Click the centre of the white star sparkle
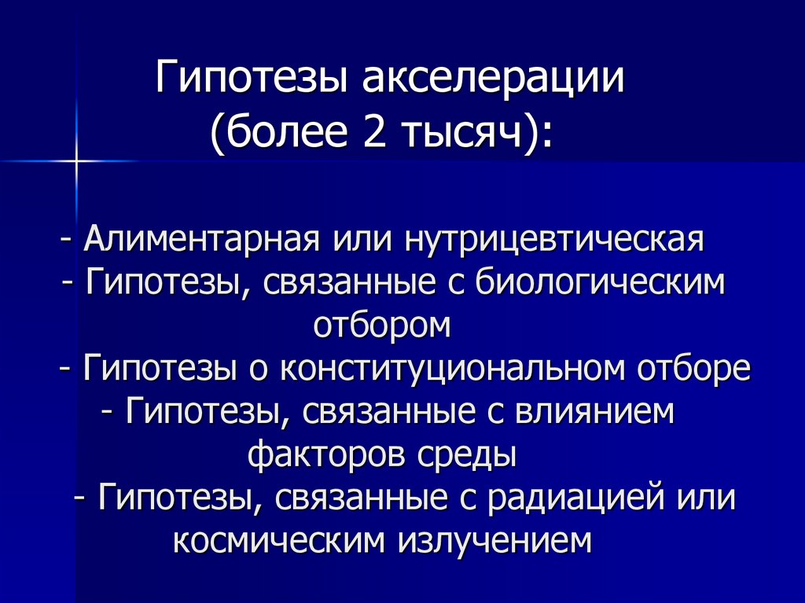coord(78,161)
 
